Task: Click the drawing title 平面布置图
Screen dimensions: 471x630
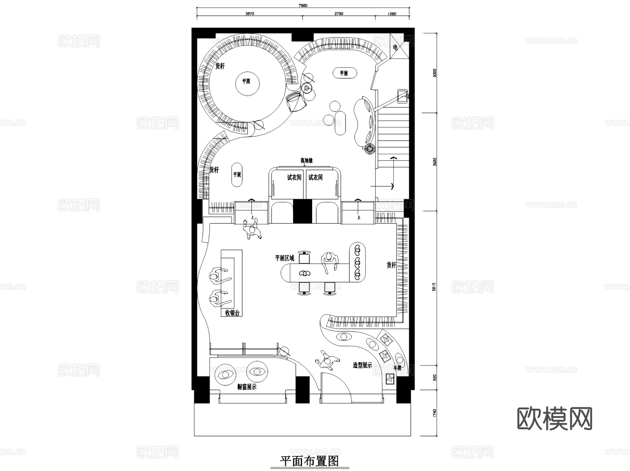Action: tap(309, 461)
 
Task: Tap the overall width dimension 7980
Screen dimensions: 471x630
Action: tap(303, 6)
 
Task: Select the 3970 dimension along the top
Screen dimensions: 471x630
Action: tap(250, 14)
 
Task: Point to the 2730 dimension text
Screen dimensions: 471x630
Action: tap(338, 14)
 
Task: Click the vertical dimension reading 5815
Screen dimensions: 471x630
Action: tap(434, 287)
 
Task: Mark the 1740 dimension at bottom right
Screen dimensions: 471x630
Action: tap(434, 413)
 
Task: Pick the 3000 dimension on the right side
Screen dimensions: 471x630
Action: tap(434, 73)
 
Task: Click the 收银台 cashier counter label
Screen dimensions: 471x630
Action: tap(232, 313)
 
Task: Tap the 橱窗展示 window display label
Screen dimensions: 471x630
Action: tap(247, 387)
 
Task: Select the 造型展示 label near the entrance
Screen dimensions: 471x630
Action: tap(362, 365)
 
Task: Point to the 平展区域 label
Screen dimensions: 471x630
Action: tap(285, 258)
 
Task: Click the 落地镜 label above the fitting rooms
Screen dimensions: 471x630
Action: tap(306, 160)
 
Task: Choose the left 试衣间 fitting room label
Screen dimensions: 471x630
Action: tap(294, 178)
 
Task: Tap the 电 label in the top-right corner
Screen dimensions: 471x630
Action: tap(395, 48)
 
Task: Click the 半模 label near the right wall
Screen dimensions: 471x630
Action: tap(397, 368)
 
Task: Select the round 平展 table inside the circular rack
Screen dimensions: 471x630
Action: tap(246, 81)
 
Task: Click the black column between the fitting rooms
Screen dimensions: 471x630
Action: tap(302, 211)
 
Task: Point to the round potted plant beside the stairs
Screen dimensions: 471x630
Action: tap(369, 149)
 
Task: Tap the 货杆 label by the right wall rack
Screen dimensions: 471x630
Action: tap(391, 265)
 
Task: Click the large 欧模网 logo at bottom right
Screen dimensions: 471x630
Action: tap(554, 419)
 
